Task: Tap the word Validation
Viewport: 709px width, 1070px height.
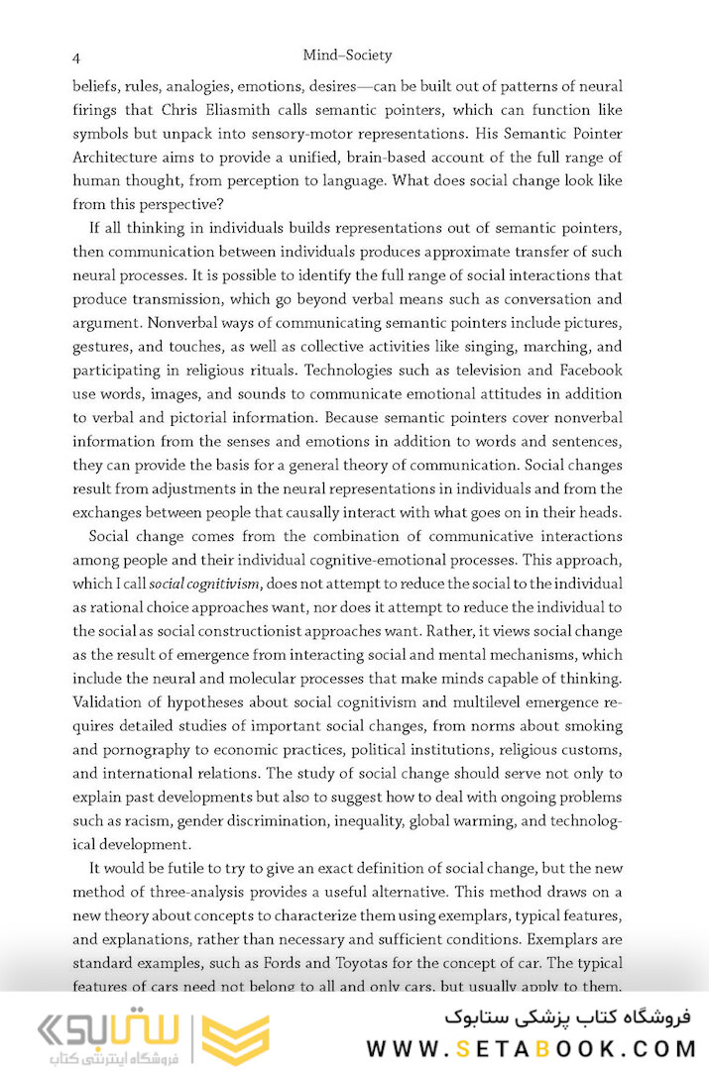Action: (x=111, y=702)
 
